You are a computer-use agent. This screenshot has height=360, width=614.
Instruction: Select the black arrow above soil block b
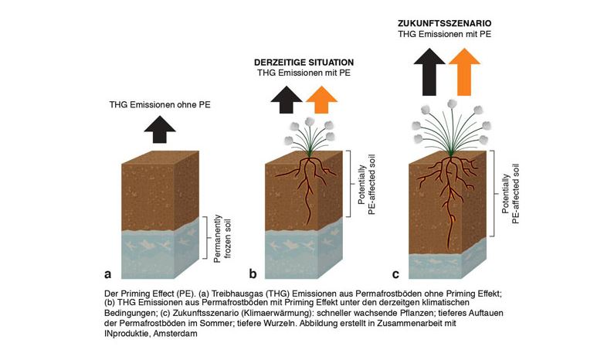tap(286, 99)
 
